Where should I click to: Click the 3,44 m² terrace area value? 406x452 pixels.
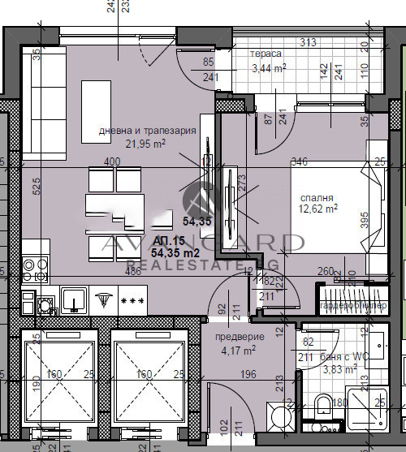pyautogui.click(x=269, y=68)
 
